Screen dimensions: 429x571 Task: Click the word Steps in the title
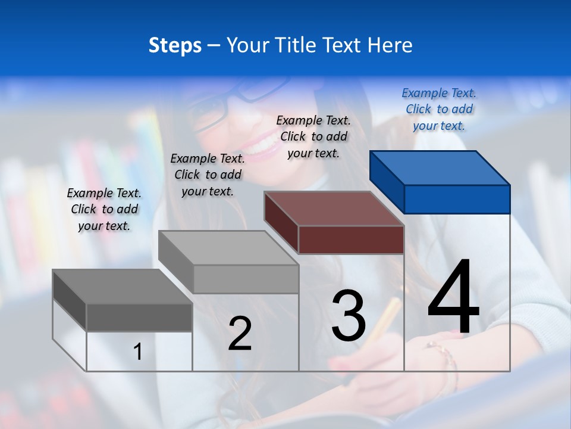point(175,45)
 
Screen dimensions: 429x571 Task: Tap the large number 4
point(453,298)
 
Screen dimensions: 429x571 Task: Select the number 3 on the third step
point(349,316)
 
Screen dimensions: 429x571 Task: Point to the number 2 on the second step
point(240,334)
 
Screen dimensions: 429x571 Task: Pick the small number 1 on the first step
point(138,352)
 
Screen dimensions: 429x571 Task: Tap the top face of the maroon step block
point(333,209)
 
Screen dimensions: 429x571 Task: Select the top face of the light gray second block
point(228,247)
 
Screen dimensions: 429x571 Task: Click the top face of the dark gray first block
point(122,286)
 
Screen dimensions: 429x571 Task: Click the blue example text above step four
point(439,109)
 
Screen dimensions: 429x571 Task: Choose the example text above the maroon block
point(313,136)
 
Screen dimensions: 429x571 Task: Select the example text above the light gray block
point(208,175)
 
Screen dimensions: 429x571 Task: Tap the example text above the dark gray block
point(104,209)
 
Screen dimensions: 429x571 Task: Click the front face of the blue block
point(457,199)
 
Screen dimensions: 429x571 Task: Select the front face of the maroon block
point(351,240)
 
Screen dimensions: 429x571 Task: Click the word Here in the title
point(390,45)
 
